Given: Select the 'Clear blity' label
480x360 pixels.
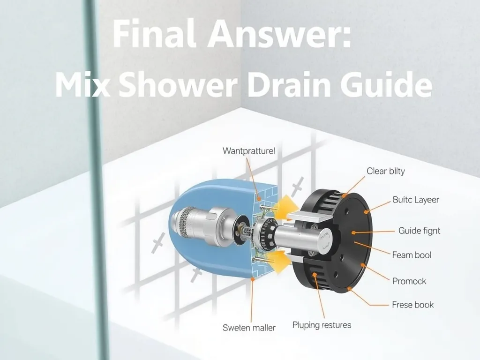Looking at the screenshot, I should click(x=386, y=171).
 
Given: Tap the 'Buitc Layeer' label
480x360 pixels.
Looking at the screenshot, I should click(x=416, y=200).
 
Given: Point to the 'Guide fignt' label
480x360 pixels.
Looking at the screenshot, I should click(x=419, y=231).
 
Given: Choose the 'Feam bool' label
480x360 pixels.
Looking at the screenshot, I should click(x=412, y=255).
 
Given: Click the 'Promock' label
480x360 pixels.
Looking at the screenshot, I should click(x=409, y=281).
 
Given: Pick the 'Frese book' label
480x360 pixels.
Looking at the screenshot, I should click(x=412, y=305).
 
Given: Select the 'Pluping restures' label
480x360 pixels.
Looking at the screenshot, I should click(x=322, y=325).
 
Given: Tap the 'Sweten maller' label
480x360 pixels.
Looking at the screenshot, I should click(x=249, y=328).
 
